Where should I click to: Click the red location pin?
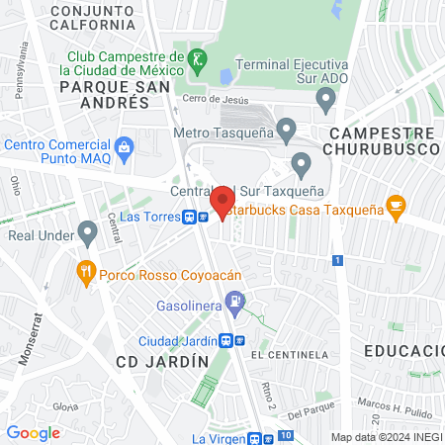pos(222,201)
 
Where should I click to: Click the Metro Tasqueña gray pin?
pos(286,129)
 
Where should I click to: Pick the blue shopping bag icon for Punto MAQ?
pos(125,148)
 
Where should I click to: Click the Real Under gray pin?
pos(87,234)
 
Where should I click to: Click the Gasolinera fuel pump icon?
pos(235,301)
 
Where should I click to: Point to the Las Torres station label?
pos(145,216)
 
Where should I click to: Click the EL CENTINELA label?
pos(289,353)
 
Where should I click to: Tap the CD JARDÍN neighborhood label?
pos(162,362)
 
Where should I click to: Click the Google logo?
pos(33,432)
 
